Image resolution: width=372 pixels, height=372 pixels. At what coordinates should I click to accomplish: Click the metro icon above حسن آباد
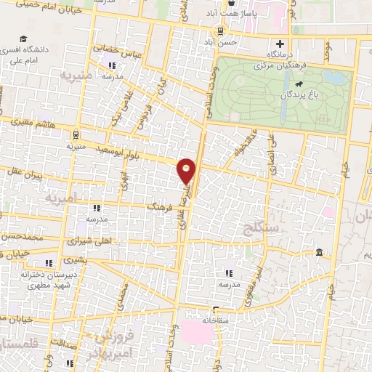click(219, 31)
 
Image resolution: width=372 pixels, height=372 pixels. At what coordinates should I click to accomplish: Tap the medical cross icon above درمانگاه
click(280, 43)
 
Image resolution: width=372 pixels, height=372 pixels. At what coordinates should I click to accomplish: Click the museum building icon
click(320, 252)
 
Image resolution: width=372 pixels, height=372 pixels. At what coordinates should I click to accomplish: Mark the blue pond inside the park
click(333, 76)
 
